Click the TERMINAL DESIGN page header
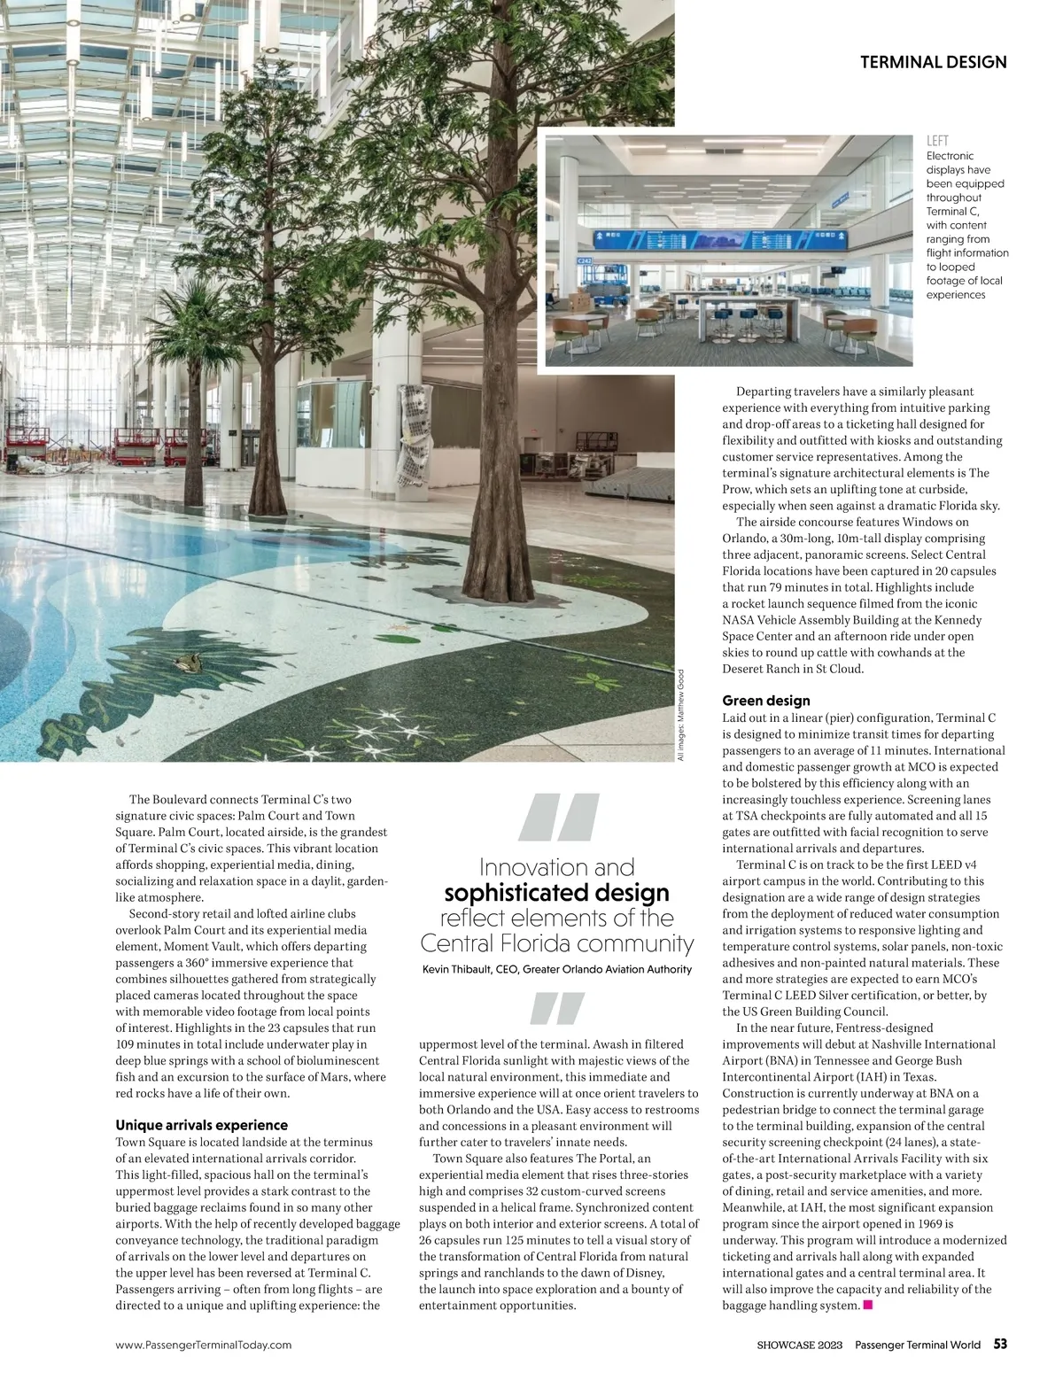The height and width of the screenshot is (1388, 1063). [x=933, y=62]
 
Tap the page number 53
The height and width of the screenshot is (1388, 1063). [x=999, y=1345]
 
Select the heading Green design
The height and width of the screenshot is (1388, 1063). [x=765, y=701]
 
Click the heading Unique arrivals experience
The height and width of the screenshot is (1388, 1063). [x=201, y=1126]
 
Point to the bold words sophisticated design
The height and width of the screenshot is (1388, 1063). [x=556, y=892]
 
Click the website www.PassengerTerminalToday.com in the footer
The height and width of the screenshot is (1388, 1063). [x=204, y=1345]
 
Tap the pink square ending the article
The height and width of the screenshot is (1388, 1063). [x=868, y=1305]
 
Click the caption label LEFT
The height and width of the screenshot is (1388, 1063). [x=937, y=141]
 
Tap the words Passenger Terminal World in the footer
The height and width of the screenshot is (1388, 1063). [x=918, y=1345]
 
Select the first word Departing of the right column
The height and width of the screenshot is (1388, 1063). [x=765, y=392]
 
